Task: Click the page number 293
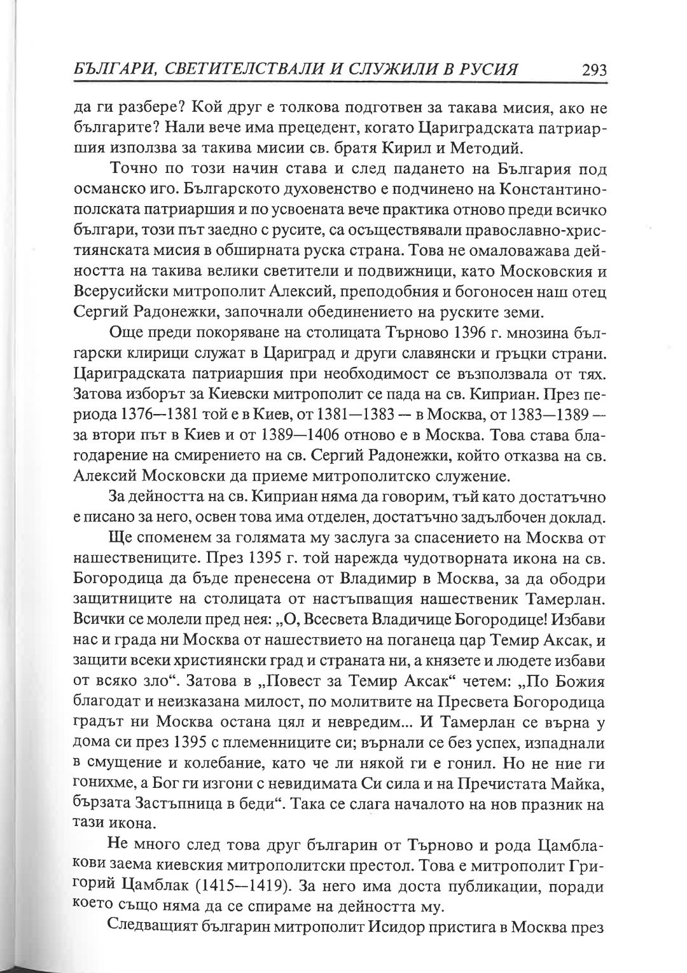point(589,69)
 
